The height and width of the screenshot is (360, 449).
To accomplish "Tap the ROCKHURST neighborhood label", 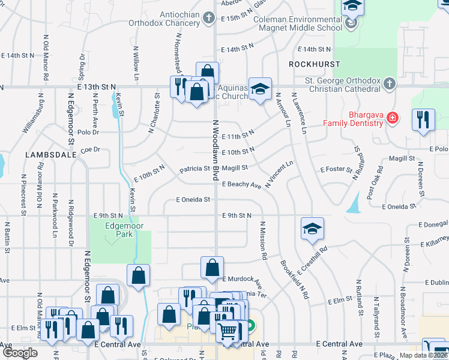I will [x=314, y=64].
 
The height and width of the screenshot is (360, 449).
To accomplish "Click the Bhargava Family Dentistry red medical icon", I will [x=392, y=118].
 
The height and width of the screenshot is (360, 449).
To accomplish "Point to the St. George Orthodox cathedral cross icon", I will [x=389, y=84].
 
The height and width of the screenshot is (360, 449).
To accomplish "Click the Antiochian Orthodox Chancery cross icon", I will [x=208, y=18].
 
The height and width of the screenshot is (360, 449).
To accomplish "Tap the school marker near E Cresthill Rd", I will [x=312, y=229].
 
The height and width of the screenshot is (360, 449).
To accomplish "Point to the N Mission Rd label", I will [x=263, y=240].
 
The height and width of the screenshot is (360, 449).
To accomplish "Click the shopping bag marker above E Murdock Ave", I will [x=212, y=268].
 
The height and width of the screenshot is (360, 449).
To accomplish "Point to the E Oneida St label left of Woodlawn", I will [x=193, y=199].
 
